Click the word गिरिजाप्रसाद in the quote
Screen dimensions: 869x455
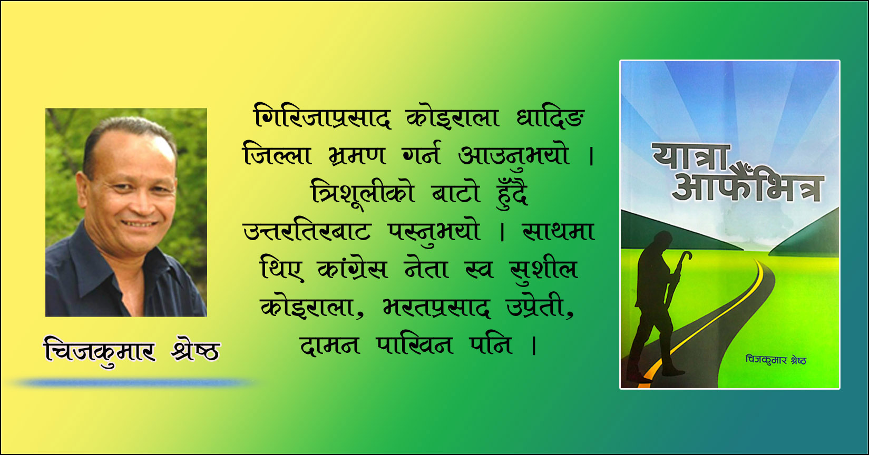[x=322, y=116]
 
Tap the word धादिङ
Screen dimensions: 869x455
[x=551, y=116]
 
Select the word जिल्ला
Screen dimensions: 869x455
[x=277, y=154]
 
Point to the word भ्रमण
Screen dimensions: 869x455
[x=357, y=156]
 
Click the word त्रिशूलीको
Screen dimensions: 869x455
[x=363, y=193]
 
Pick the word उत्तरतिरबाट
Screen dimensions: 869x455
[x=307, y=231]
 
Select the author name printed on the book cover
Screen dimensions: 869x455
[x=776, y=360]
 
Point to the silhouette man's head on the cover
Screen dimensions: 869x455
[x=662, y=241]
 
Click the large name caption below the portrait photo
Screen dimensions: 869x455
[x=132, y=351]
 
